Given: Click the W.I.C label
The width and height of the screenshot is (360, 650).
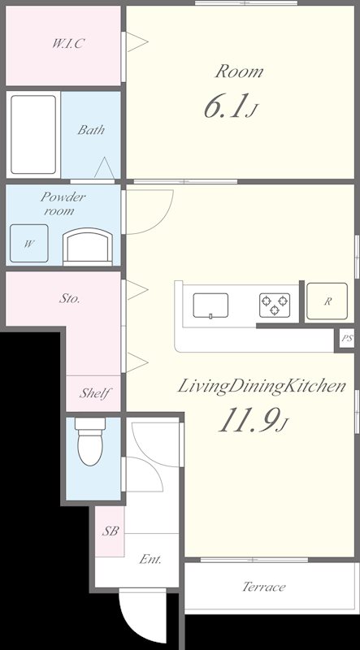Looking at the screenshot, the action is tap(68, 44).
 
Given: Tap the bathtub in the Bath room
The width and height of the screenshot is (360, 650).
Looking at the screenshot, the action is tap(33, 134).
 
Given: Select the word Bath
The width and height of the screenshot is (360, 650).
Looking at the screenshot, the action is tap(91, 130).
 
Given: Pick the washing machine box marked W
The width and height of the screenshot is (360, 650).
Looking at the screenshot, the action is tap(29, 243).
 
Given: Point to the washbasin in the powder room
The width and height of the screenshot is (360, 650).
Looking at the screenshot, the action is tap(88, 248).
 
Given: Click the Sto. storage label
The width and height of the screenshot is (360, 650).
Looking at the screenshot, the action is tap(69, 298).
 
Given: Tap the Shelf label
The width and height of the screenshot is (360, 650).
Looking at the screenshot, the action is tap(95, 393).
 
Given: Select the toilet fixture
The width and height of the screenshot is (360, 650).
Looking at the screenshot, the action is tap(90, 440).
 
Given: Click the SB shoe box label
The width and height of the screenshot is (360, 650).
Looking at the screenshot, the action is tap(111, 531).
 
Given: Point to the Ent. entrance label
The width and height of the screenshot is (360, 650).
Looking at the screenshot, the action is tap(150, 560).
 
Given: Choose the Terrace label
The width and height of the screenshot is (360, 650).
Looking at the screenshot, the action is tap(264, 587).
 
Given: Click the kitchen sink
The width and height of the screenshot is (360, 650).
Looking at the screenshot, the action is tap(210, 305).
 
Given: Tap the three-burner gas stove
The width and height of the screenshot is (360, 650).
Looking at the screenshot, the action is tap(275, 305).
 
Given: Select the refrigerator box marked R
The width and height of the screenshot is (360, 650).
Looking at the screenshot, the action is tap(327, 301).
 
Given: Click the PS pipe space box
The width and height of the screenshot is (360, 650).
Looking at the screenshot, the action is tap(347, 338).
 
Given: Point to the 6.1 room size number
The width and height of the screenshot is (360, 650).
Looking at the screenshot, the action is tap(228, 106).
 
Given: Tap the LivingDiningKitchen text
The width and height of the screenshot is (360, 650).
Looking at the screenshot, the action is tap(262, 388).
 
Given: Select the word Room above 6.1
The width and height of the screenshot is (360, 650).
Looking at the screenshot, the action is tap(239, 71).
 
